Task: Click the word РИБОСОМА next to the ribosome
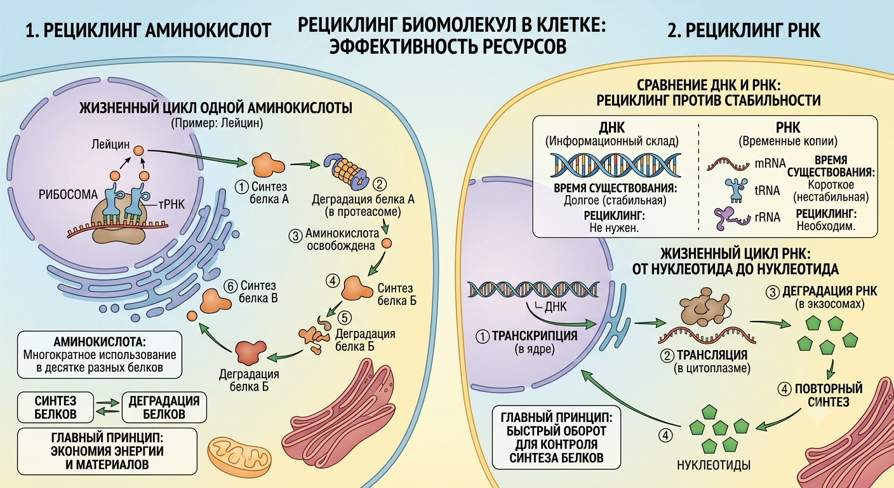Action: (68, 194)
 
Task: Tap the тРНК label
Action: (172, 205)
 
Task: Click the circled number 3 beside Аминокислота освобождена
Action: (295, 236)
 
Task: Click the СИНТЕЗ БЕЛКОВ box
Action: (55, 407)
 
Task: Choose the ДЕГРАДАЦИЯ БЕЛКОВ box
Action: (164, 407)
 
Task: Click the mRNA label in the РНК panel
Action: (770, 163)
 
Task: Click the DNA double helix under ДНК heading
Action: (615, 165)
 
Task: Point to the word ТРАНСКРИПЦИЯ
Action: (535, 336)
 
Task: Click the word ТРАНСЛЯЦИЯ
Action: (712, 355)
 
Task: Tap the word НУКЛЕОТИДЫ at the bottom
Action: (714, 465)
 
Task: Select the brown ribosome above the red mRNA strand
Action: (705, 307)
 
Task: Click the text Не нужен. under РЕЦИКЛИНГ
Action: (614, 227)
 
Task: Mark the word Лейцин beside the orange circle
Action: (110, 144)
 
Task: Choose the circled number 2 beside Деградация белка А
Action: (379, 184)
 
